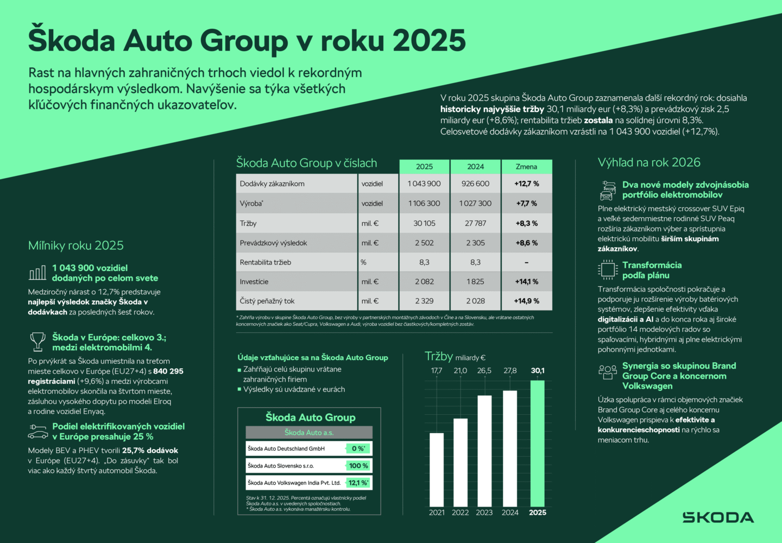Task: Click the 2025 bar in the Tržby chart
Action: coord(537,443)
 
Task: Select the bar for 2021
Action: coord(437,469)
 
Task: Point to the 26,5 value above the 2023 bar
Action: coord(484,371)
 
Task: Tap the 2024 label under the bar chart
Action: coord(510,513)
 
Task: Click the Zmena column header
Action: coord(526,167)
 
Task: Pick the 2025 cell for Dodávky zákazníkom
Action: coord(424,184)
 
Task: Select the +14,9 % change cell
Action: coord(526,301)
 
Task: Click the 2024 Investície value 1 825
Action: coord(475,281)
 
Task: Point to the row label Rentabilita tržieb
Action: coord(266,262)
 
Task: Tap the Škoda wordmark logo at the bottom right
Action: coord(718,517)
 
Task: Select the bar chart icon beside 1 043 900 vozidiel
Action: coord(37,273)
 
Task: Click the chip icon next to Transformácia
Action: coord(608,269)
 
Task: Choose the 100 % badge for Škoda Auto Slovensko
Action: coord(358,465)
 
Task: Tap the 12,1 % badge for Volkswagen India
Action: coord(358,483)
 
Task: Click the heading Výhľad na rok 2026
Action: coord(649,162)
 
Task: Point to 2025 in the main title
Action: coord(429,41)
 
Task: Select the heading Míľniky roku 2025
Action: coord(76,245)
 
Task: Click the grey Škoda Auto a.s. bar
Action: coord(309,432)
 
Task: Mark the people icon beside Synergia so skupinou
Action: coord(608,371)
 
